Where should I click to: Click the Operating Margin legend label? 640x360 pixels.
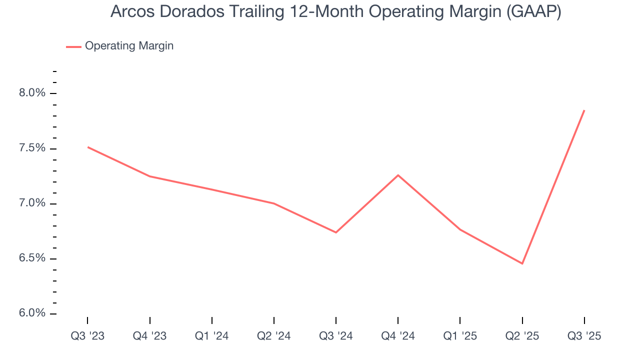(x=129, y=46)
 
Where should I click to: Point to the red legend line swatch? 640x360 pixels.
(x=73, y=46)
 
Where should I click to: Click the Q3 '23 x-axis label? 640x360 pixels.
(x=87, y=336)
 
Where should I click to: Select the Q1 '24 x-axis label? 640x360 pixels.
(x=212, y=336)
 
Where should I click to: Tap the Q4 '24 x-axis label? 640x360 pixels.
(x=398, y=336)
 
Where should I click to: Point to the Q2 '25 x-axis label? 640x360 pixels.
(x=522, y=336)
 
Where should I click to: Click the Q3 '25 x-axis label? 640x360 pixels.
(x=584, y=336)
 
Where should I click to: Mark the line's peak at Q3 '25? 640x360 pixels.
(x=584, y=110)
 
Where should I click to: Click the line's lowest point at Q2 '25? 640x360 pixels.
(x=522, y=263)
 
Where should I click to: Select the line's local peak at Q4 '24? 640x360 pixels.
(x=398, y=175)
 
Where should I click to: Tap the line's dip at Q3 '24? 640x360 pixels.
(x=336, y=232)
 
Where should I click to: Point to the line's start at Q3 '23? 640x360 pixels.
(x=88, y=147)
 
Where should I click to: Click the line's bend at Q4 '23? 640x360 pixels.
(x=150, y=176)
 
